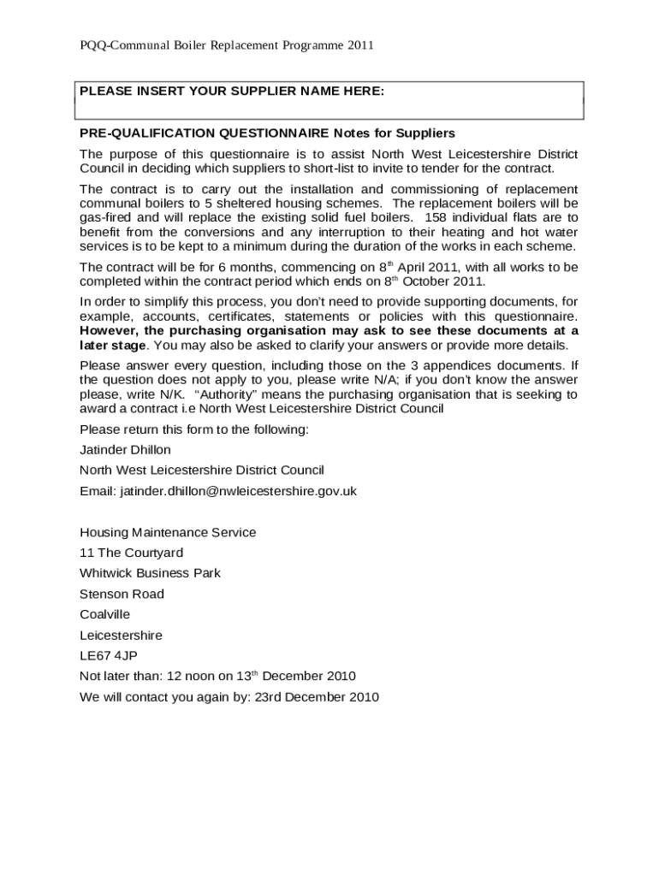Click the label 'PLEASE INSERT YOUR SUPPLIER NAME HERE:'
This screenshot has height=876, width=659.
tap(232, 92)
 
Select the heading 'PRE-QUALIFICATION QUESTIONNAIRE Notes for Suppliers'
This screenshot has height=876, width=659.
tap(267, 133)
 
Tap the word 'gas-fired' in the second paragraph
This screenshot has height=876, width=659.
tap(105, 217)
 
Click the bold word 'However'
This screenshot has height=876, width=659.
tap(109, 330)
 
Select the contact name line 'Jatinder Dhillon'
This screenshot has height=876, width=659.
tap(125, 450)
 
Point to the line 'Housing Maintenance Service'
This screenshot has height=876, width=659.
tap(168, 532)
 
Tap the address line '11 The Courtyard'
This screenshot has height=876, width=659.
tap(131, 553)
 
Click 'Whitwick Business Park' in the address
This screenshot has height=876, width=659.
tap(150, 573)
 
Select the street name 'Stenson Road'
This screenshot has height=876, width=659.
tap(122, 594)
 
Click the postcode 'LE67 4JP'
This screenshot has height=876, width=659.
tap(108, 656)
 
